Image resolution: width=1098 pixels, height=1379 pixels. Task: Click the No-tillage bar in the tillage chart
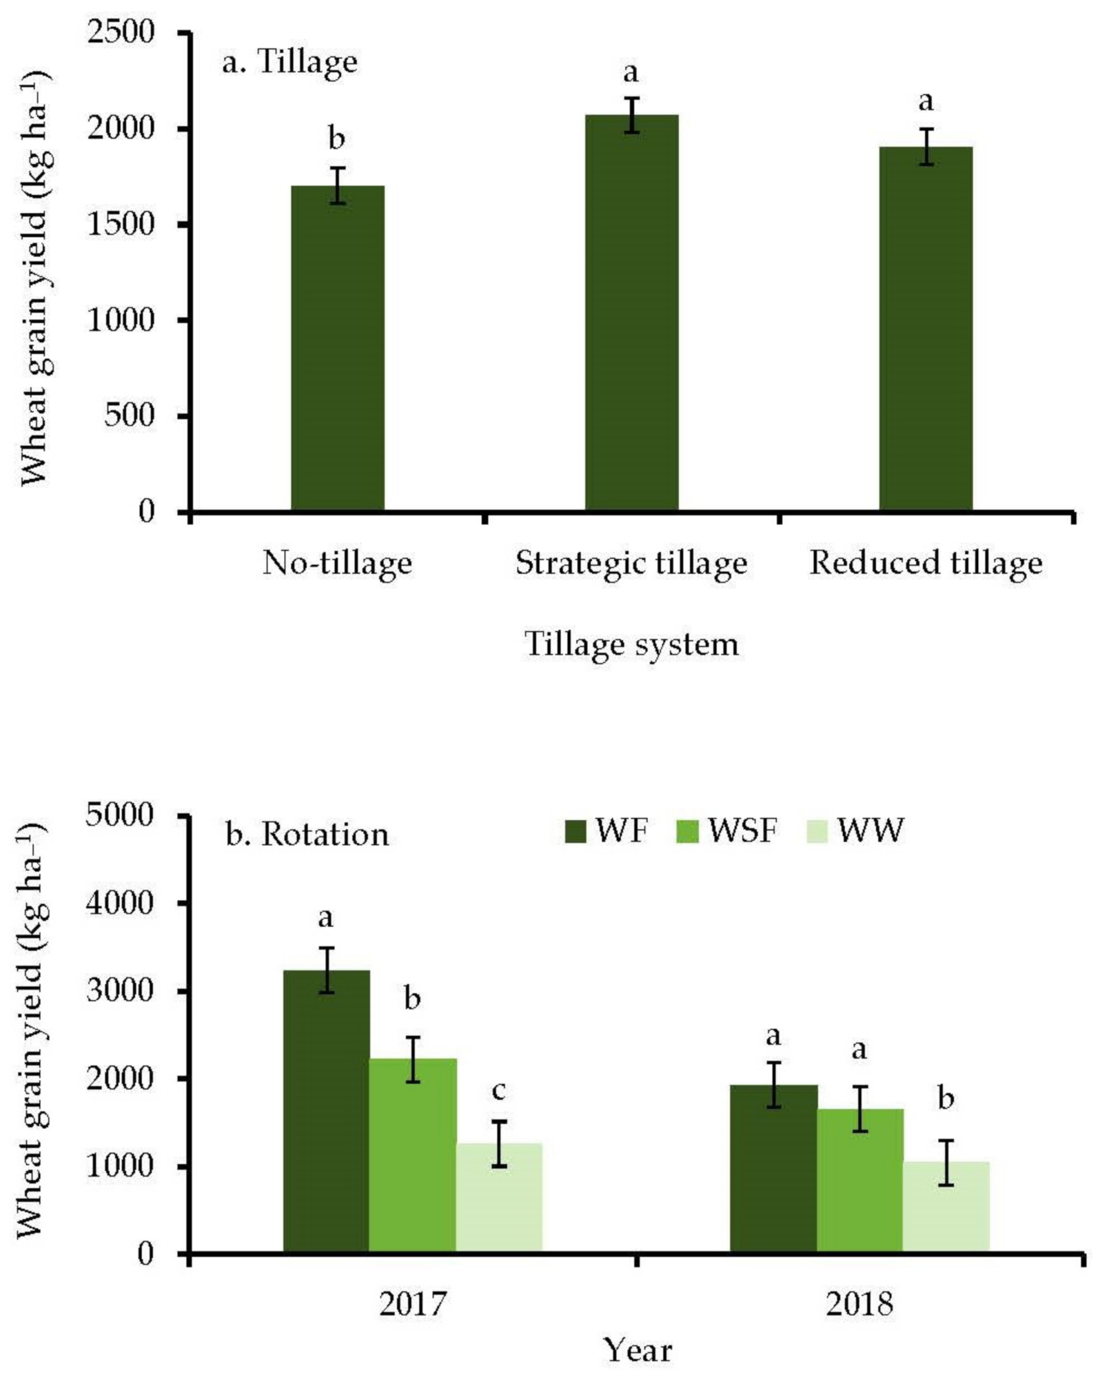coord(337,349)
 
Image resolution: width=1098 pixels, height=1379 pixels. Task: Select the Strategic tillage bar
coord(632,313)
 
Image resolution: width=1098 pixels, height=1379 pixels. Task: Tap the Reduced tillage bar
coord(926,329)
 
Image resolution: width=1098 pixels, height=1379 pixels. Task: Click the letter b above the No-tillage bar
coord(336,139)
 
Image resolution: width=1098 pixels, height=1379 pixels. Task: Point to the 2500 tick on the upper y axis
coord(121,32)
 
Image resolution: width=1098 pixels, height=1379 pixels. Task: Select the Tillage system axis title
coord(632,644)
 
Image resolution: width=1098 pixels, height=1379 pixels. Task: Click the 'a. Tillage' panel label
coord(290,63)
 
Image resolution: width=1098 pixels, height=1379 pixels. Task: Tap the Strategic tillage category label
coord(632,564)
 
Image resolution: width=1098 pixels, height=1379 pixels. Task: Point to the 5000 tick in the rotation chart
coord(121,815)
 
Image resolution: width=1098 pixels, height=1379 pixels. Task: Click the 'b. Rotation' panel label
coord(307,835)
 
